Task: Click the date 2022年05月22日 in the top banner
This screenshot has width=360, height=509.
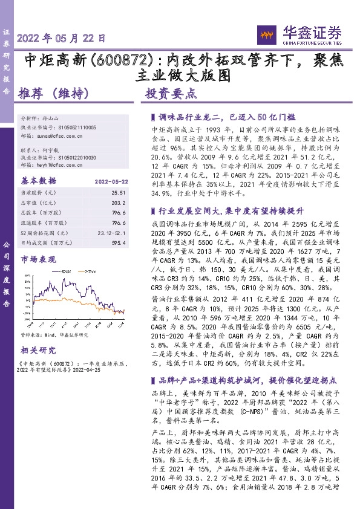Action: pos(62,37)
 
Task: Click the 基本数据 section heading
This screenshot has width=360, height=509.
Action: pos(38,180)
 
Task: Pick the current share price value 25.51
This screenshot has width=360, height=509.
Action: pos(119,192)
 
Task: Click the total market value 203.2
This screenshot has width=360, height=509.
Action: pos(119,202)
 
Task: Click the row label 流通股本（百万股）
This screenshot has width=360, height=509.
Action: pos(44,222)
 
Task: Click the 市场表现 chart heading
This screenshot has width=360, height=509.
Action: pos(38,259)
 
